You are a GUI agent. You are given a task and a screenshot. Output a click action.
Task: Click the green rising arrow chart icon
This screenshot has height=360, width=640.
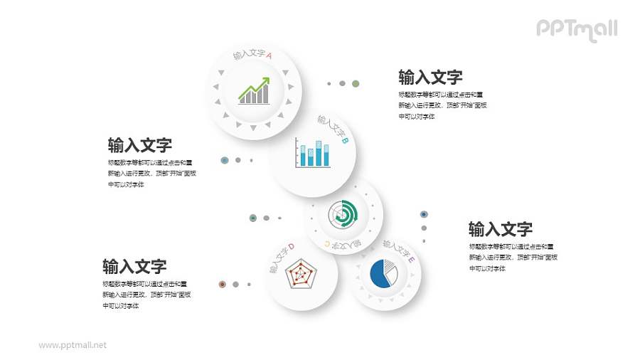coord(254,91)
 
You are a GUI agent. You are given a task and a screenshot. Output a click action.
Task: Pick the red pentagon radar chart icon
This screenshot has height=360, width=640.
coord(302,273)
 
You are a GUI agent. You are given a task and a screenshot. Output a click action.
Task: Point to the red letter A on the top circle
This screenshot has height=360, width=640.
coord(269,55)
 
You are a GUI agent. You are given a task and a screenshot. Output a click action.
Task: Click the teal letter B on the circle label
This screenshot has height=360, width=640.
coord(345,141)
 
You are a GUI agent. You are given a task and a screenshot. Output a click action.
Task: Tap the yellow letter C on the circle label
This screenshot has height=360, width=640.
coord(327,244)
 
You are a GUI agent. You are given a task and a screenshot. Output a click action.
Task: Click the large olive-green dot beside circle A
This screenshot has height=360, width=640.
coord(355,83)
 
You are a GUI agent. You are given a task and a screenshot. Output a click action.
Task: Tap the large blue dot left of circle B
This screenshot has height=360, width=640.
coord(225,160)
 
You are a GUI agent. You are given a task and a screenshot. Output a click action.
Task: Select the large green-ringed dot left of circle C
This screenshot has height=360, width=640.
coord(252,218)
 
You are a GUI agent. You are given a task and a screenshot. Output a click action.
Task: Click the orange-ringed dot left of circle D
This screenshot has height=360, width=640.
coord(222,284)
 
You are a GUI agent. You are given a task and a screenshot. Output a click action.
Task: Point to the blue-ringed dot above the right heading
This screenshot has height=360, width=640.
coord(424,213)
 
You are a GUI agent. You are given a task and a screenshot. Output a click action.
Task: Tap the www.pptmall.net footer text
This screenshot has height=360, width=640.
coord(73,345)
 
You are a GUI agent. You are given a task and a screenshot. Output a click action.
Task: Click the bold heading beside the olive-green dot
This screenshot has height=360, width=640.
coord(430,77)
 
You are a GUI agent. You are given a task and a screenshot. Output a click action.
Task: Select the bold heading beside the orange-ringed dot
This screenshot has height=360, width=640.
coord(134,267)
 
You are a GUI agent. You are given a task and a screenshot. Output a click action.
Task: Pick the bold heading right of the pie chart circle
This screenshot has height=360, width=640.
coord(500,229)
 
